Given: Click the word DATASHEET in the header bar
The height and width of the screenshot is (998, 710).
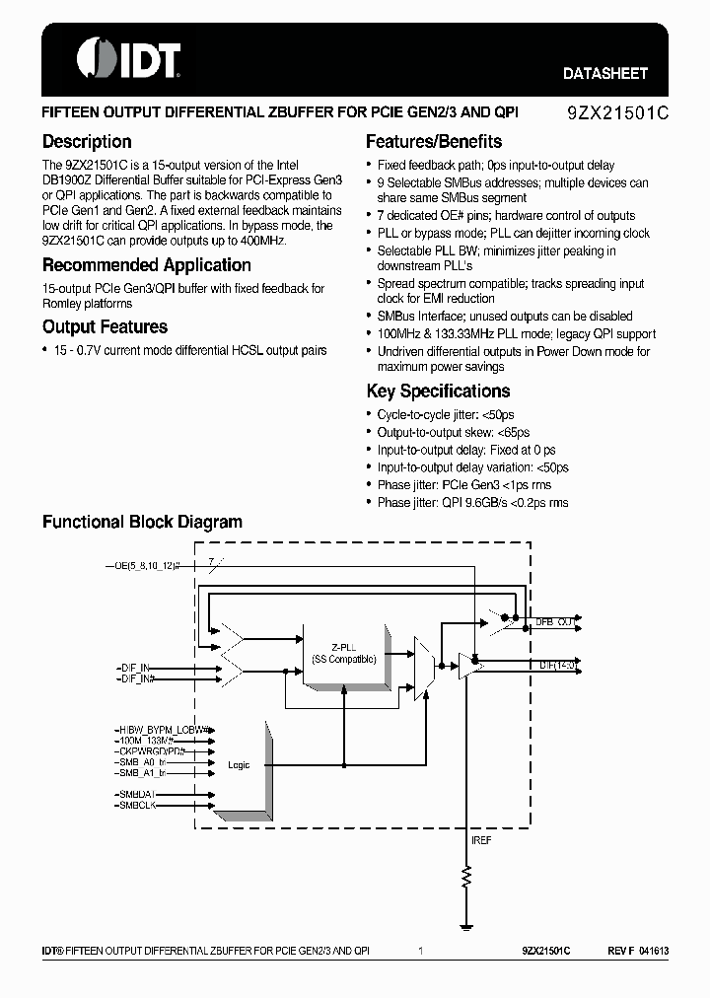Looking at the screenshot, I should point(604,73).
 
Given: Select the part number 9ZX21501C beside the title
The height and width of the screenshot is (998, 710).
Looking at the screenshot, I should point(617,112).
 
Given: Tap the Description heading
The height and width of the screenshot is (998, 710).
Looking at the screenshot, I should point(87,142).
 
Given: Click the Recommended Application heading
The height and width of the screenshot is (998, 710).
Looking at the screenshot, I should point(146,265).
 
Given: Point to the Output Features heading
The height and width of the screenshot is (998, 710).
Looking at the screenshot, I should point(105,327).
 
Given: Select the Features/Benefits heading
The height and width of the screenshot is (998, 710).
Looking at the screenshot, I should point(434,142).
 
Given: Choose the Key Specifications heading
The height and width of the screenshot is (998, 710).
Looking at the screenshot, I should point(438,392).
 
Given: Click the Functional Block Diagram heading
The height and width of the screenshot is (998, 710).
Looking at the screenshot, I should point(142,522).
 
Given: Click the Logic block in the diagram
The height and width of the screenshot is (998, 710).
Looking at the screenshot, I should point(239,765).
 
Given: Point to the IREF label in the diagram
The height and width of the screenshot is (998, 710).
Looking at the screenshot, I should point(480,840).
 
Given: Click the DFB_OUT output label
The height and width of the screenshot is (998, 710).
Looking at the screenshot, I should point(555,622).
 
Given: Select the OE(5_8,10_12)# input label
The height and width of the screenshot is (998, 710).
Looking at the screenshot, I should point(149,567).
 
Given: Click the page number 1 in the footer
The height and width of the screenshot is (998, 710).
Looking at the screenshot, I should point(420,952).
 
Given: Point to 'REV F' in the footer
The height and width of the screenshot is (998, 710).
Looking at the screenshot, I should point(620,952).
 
